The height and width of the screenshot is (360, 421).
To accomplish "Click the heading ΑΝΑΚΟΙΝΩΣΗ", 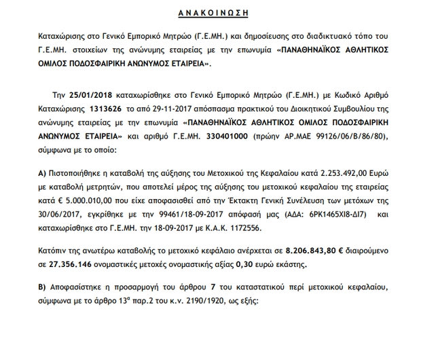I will (x=210, y=13).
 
